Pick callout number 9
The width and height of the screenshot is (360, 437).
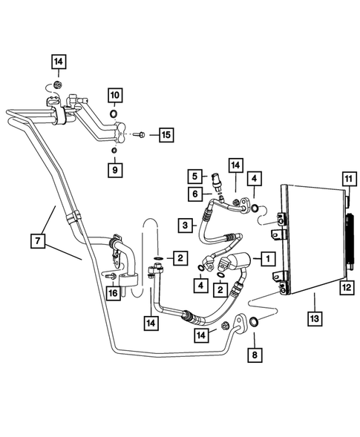click(116, 170)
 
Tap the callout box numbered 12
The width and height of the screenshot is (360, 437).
click(347, 286)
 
